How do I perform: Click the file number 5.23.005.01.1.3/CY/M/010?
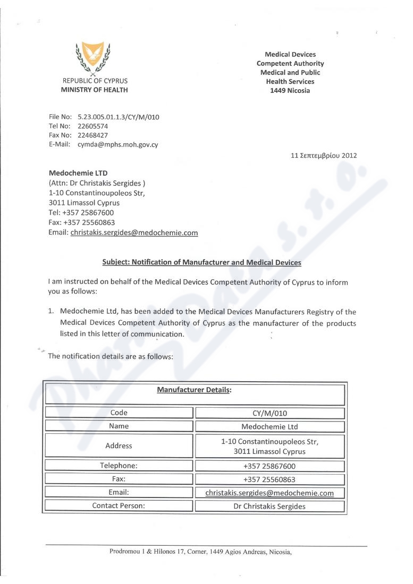pyautogui.click(x=119, y=117)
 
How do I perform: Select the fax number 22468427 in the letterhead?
pyautogui.click(x=93, y=135)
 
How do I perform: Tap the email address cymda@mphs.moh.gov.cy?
pyautogui.click(x=118, y=144)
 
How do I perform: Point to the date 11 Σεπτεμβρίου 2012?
pyautogui.click(x=324, y=156)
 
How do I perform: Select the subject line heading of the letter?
pyautogui.click(x=201, y=262)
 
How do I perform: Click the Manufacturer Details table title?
pyautogui.click(x=195, y=390)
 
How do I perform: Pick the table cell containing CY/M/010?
pyautogui.click(x=270, y=413)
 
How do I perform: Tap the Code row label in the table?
pyautogui.click(x=119, y=413)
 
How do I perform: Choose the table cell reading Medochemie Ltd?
pyautogui.click(x=270, y=426)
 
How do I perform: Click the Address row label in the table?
pyautogui.click(x=119, y=445)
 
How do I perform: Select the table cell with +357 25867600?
pyautogui.click(x=270, y=466)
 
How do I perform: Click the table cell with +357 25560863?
pyautogui.click(x=270, y=479)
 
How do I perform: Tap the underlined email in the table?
pyautogui.click(x=270, y=493)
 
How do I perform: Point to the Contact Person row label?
pyautogui.click(x=119, y=506)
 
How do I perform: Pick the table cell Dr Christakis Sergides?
pyautogui.click(x=270, y=506)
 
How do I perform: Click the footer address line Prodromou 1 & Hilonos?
pyautogui.click(x=201, y=552)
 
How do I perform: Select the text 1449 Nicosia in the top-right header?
pyautogui.click(x=290, y=90)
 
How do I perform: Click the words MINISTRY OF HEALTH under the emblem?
pyautogui.click(x=95, y=90)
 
